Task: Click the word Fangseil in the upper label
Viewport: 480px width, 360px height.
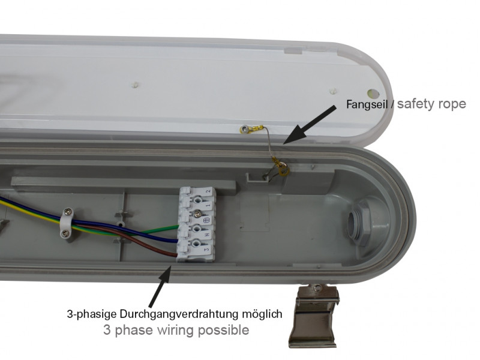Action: (366, 104)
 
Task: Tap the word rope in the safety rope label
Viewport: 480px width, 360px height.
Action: (452, 104)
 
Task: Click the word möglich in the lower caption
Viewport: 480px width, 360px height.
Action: (262, 314)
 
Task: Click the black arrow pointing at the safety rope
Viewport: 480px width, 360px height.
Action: (309, 124)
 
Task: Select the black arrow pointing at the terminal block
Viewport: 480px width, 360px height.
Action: (160, 286)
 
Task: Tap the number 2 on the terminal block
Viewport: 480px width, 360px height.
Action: (208, 191)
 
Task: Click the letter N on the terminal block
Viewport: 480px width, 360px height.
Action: (207, 235)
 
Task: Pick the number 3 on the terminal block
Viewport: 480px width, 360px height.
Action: (207, 250)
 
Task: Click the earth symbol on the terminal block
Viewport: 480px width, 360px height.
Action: (207, 220)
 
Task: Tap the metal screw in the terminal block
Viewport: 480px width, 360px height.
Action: (198, 214)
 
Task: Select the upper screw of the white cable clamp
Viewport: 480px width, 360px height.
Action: (68, 211)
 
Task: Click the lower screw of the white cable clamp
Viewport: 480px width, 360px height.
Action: (65, 234)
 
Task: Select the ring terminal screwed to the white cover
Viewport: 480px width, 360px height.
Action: (251, 129)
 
